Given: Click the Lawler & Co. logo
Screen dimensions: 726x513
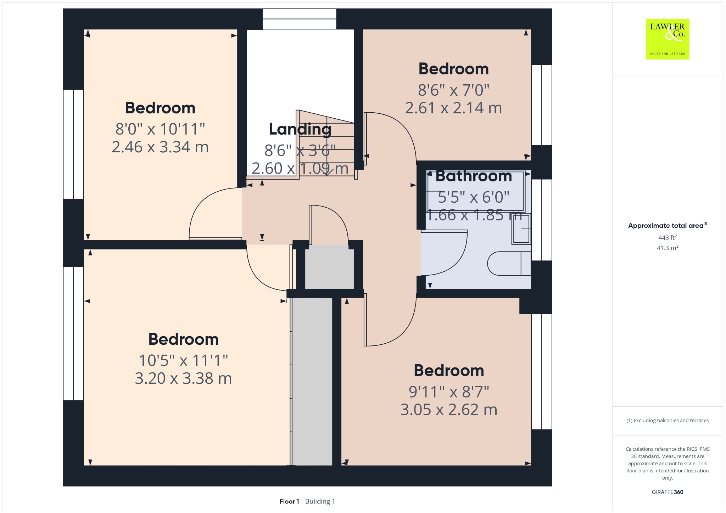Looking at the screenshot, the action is [x=667, y=39].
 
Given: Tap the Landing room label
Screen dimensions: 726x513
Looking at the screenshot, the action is [x=300, y=129].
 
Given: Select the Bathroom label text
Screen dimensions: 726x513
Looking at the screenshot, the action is [x=474, y=176].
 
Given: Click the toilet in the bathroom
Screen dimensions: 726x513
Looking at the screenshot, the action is [x=509, y=264].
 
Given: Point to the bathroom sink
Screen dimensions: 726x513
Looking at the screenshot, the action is [x=521, y=229].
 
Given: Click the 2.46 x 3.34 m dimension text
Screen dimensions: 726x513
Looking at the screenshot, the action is [x=160, y=147].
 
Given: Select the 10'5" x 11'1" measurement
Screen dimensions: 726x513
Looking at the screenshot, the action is [x=183, y=361].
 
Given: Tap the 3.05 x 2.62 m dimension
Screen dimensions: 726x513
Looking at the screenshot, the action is [x=449, y=410].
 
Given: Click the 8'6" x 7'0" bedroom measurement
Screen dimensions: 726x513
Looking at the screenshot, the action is [x=453, y=90].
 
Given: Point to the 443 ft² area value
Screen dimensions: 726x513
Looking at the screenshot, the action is [x=668, y=237].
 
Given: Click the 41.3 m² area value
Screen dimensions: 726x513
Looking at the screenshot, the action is [x=668, y=248].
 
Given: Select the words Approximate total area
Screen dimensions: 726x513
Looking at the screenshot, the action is [x=666, y=226].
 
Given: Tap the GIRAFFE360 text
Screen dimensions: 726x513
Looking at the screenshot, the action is [x=668, y=492].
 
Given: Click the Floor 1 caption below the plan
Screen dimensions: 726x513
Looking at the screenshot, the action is [x=289, y=501].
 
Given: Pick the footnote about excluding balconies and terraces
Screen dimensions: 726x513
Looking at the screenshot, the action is [x=668, y=421].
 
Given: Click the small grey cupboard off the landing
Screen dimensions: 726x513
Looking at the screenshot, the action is [x=329, y=266].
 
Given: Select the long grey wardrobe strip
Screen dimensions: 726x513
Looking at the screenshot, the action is [x=312, y=382].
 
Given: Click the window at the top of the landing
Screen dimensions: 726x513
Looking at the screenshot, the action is [x=299, y=19].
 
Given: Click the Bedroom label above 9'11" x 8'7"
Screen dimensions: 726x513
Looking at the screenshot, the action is [x=449, y=371].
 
